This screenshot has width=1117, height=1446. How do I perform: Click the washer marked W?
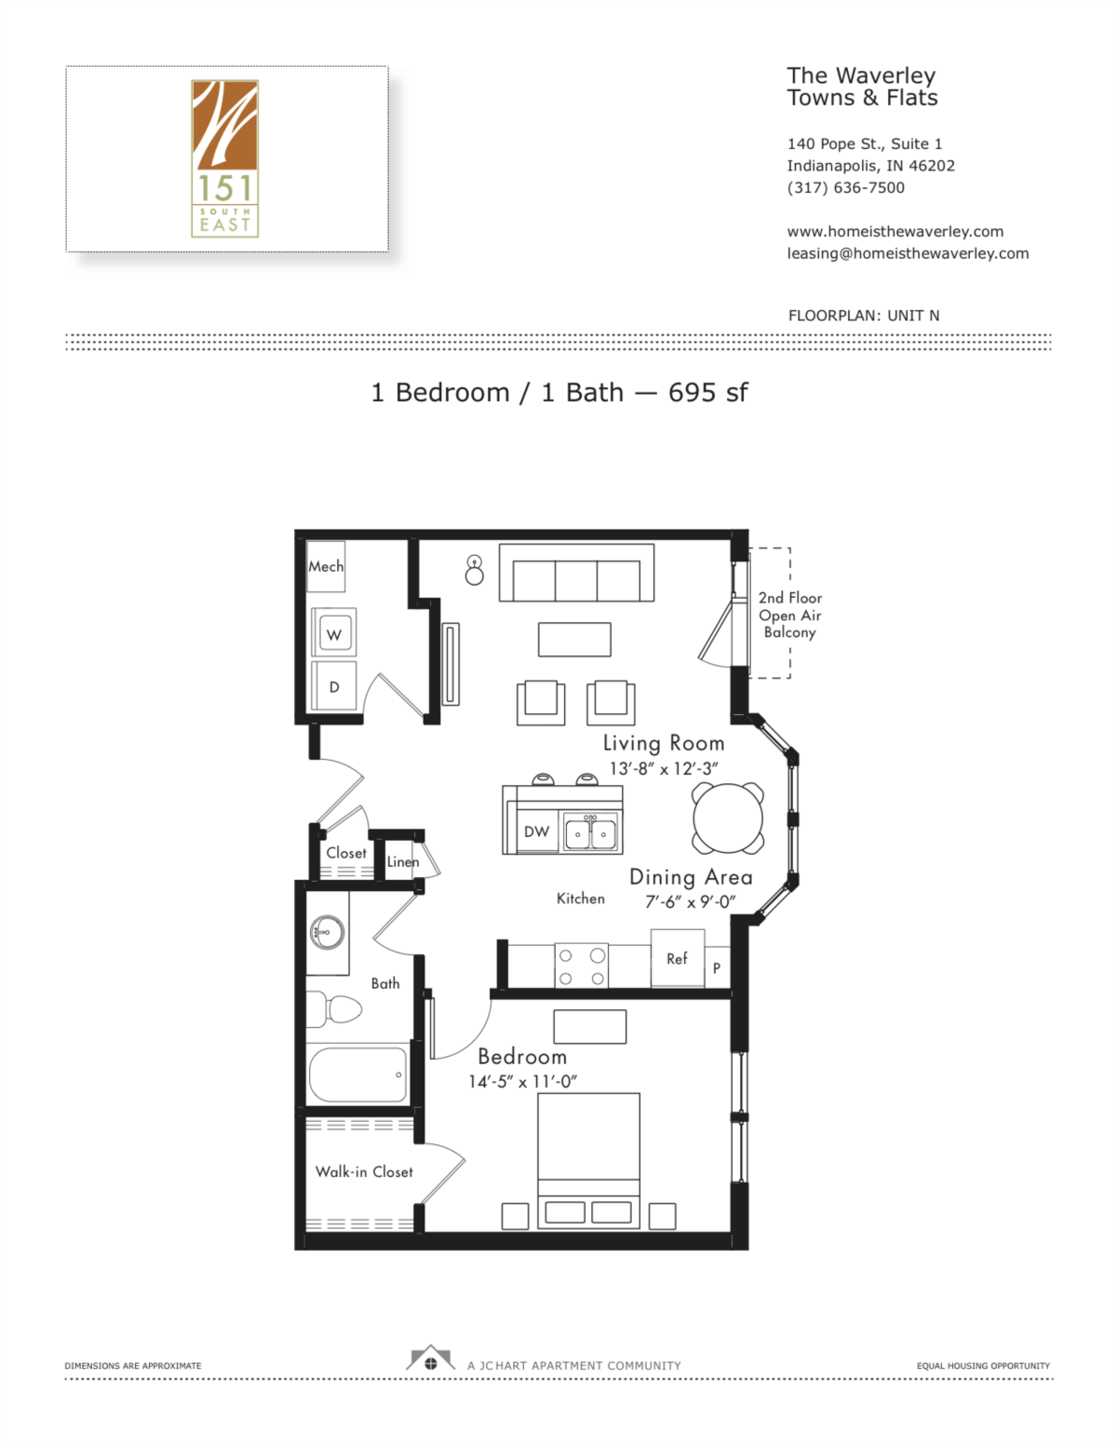tap(333, 634)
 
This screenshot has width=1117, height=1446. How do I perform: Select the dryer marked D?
tap(333, 686)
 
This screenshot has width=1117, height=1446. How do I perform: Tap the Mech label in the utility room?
tap(326, 566)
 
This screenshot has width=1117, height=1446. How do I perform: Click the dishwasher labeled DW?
tap(536, 831)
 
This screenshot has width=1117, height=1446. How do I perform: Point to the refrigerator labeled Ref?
tap(677, 958)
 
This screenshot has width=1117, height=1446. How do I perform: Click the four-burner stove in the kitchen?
tap(581, 966)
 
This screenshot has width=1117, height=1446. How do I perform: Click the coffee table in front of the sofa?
tap(574, 640)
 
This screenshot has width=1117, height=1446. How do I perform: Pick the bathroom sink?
tap(326, 931)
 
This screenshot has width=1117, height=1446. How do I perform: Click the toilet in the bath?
tap(336, 1008)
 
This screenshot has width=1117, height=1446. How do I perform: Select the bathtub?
tap(358, 1074)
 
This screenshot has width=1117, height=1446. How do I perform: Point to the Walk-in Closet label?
tap(364, 1171)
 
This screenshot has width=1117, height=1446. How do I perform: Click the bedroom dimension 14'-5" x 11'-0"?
tap(522, 1082)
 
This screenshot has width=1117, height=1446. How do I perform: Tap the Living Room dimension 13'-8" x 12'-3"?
tap(664, 768)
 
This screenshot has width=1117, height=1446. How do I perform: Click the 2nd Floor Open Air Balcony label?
tap(789, 615)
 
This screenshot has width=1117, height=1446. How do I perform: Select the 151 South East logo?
tap(224, 158)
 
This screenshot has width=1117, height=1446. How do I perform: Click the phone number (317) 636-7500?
tap(845, 187)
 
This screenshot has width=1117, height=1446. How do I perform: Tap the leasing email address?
tap(908, 253)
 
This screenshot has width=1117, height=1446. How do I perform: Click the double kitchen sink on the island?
tap(591, 833)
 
